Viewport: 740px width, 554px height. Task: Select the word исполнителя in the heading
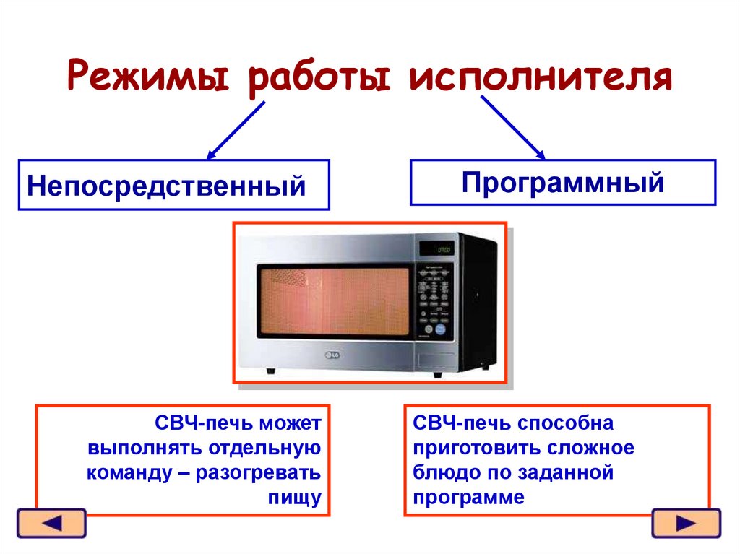(541, 77)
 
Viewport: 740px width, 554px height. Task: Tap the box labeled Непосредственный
(173, 185)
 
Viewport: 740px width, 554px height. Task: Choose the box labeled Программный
(563, 183)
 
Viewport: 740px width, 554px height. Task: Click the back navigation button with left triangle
(51, 523)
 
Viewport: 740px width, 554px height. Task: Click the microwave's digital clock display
(441, 249)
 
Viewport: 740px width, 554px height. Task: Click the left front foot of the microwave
(270, 371)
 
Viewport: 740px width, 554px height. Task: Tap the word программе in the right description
(468, 498)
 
